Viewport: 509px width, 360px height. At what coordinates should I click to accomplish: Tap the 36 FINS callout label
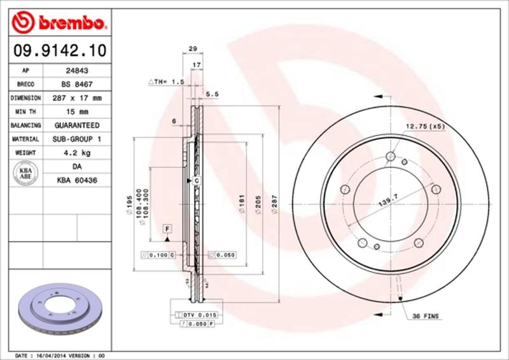(x=425, y=316)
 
